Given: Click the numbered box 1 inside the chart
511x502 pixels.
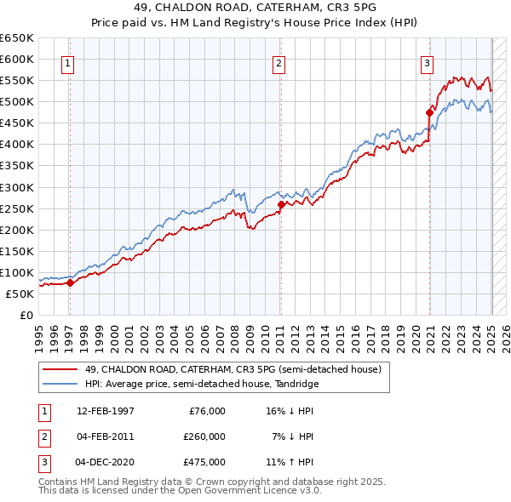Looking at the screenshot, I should [x=67, y=62].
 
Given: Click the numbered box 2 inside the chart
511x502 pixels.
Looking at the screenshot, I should [x=278, y=62].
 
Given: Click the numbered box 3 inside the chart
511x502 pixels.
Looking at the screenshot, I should [x=427, y=62].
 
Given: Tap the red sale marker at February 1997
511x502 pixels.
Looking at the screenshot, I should [x=71, y=283].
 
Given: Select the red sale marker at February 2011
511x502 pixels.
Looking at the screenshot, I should [x=281, y=204].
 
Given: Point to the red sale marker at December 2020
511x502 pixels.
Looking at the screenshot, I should [x=430, y=111].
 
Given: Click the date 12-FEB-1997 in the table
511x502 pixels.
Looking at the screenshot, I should [x=105, y=411].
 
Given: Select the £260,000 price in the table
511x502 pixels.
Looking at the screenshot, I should [x=204, y=436].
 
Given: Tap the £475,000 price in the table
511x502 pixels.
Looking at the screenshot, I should [x=204, y=462].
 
